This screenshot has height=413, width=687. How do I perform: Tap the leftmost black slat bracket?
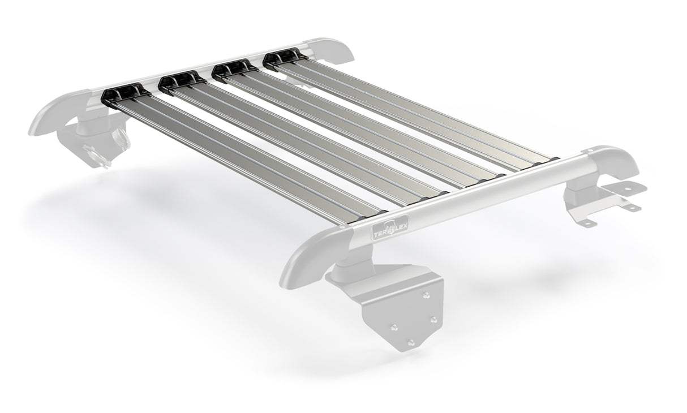point(122,92)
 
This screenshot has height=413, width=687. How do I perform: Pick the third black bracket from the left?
point(233,68)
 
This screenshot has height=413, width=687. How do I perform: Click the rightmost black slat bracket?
point(282,56)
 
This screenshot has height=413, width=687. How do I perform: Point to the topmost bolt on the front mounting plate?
point(426,295)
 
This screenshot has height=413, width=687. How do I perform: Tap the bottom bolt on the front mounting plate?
point(411,342)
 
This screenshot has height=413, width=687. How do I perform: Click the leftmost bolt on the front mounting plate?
point(394,327)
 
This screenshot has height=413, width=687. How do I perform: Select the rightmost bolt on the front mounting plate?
point(433,320)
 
